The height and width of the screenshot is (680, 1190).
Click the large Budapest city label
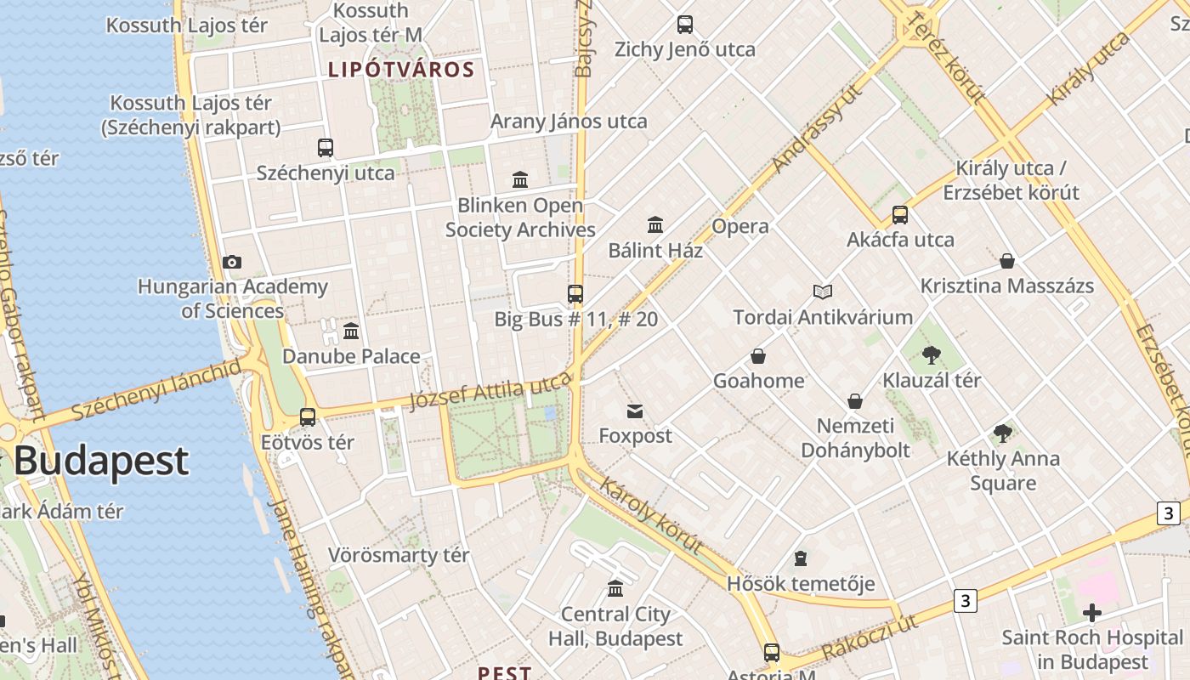tap(100, 461)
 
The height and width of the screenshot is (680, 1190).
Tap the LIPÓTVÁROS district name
tap(401, 70)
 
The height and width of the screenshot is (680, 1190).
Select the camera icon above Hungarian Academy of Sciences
tap(231, 262)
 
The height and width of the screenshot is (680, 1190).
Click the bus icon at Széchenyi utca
tap(326, 148)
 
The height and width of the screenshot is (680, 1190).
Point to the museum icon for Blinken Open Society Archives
tap(520, 179)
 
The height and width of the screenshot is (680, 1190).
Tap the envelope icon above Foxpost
tap(635, 411)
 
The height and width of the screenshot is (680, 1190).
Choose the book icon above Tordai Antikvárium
tap(823, 292)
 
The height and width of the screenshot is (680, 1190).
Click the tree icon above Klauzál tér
tap(932, 355)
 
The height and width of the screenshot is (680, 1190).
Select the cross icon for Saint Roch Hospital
tap(1092, 612)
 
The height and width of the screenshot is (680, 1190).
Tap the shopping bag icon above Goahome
tap(758, 356)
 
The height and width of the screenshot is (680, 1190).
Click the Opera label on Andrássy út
tap(740, 226)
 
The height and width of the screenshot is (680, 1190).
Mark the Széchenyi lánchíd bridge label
tap(156, 390)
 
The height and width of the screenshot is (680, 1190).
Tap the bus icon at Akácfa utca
tap(900, 215)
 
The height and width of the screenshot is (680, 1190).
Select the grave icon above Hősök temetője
tap(800, 558)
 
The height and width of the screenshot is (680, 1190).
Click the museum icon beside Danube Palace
tap(351, 331)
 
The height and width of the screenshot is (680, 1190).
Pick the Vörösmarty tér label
tap(399, 556)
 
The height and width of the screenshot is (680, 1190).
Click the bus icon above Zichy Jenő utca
tap(685, 25)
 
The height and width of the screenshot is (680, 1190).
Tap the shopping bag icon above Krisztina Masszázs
tap(1007, 261)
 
